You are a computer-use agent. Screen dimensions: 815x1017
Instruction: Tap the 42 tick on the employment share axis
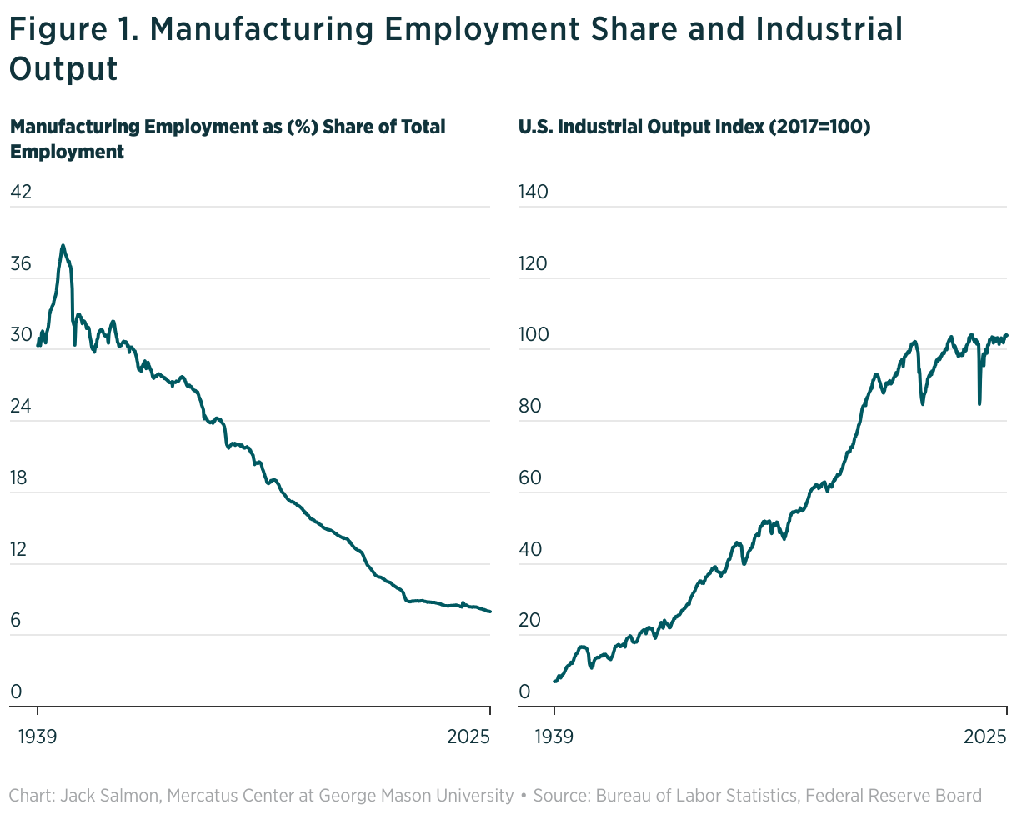[x=20, y=192]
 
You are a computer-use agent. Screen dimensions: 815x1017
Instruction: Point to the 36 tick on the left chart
[x=20, y=264]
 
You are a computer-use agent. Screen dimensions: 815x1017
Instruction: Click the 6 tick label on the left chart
[x=15, y=622]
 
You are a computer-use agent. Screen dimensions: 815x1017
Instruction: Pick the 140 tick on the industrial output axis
[x=533, y=192]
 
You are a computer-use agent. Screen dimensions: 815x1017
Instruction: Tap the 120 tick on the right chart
[x=533, y=264]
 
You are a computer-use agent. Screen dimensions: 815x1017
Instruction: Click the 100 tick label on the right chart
[x=533, y=336]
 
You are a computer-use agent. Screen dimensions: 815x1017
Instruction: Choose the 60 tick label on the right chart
[x=531, y=478]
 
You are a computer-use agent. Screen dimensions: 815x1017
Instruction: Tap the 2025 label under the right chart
[x=986, y=737]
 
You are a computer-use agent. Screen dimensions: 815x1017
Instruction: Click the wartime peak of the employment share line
[x=63, y=246]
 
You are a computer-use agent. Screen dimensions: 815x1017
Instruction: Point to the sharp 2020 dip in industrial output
[x=979, y=403]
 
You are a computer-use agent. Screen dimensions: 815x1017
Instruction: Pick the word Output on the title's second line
[x=63, y=69]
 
